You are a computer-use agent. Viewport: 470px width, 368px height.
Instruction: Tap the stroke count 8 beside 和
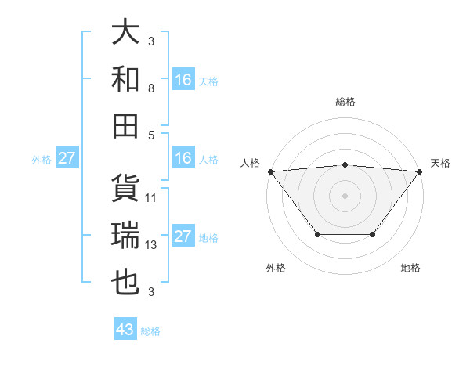pyautogui.click(x=152, y=88)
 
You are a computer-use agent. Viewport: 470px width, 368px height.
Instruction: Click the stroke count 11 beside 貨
pyautogui.click(x=152, y=198)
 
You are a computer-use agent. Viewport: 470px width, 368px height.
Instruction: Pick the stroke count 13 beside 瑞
pyautogui.click(x=152, y=245)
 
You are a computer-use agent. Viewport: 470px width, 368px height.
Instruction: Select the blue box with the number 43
pyautogui.click(x=125, y=330)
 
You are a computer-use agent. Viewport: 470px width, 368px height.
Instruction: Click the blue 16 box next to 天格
pyautogui.click(x=183, y=80)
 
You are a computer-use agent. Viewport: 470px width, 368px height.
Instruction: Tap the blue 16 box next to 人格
pyautogui.click(x=183, y=158)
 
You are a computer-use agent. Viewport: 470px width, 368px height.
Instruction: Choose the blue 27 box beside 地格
pyautogui.click(x=183, y=236)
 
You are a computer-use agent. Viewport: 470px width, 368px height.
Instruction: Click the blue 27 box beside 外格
pyautogui.click(x=67, y=158)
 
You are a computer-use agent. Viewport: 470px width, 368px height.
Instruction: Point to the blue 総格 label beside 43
pyautogui.click(x=150, y=331)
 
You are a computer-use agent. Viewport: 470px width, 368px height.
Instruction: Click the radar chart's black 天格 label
pyautogui.click(x=440, y=162)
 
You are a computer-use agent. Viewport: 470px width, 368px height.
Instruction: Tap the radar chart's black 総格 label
pyautogui.click(x=345, y=102)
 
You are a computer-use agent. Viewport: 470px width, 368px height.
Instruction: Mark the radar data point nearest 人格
pyautogui.click(x=270, y=171)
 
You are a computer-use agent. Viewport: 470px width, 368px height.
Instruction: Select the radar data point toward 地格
pyautogui.click(x=373, y=234)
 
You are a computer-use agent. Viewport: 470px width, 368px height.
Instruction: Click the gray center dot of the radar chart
pyautogui.click(x=345, y=195)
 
